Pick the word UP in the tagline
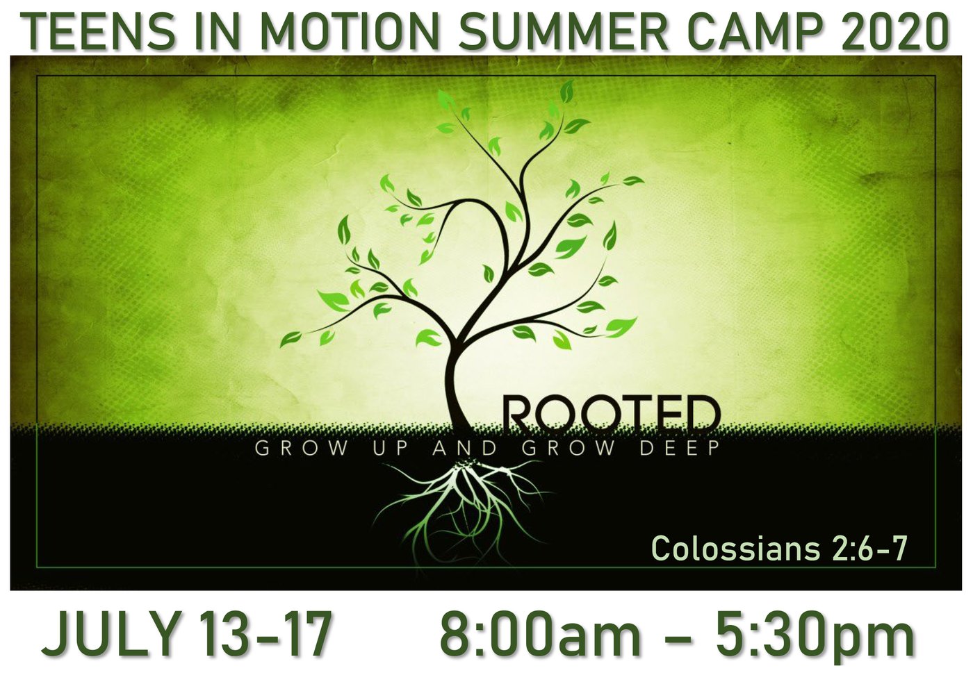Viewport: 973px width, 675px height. [x=389, y=449]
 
